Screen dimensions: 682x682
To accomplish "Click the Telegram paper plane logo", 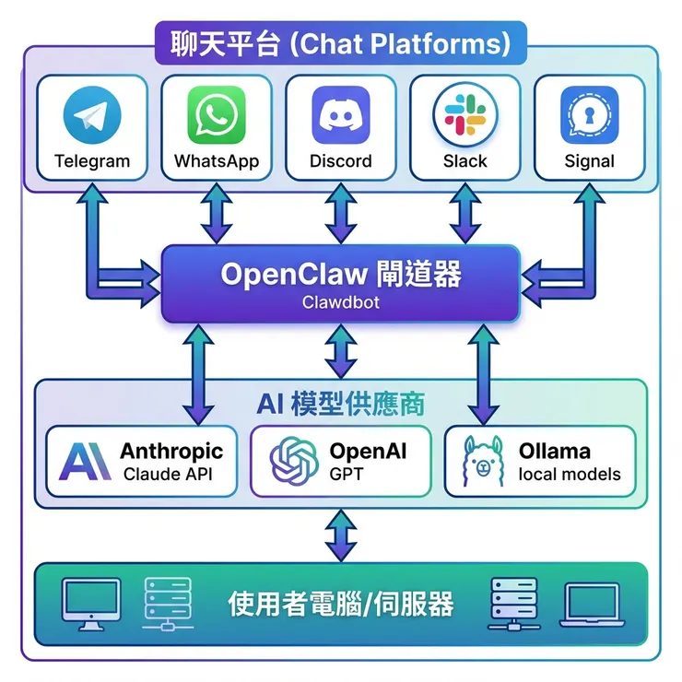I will pyautogui.click(x=92, y=117).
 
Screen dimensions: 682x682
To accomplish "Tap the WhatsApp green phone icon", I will pyautogui.click(x=217, y=117).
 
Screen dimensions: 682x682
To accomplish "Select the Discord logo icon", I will pyautogui.click(x=341, y=116).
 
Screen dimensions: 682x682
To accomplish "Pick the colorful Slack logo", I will pyautogui.click(x=464, y=117).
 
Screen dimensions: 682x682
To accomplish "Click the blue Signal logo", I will pyautogui.click(x=589, y=117).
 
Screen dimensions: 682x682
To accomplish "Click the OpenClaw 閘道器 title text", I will pyautogui.click(x=341, y=274).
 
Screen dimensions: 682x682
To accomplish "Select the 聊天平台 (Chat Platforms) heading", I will pyautogui.click(x=341, y=44).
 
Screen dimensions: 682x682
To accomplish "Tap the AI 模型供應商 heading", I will pyautogui.click(x=341, y=403).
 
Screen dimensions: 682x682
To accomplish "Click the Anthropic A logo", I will pyautogui.click(x=85, y=462).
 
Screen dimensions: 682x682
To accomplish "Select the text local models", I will pyautogui.click(x=570, y=476).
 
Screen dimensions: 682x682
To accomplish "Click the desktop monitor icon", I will pyautogui.click(x=90, y=604).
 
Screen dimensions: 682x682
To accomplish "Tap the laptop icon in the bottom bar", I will pyautogui.click(x=593, y=604).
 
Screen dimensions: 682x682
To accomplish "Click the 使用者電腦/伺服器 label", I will pyautogui.click(x=341, y=604).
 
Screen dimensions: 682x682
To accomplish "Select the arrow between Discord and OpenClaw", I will pyautogui.click(x=341, y=213).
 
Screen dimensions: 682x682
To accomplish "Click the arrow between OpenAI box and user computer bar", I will pyautogui.click(x=341, y=535).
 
